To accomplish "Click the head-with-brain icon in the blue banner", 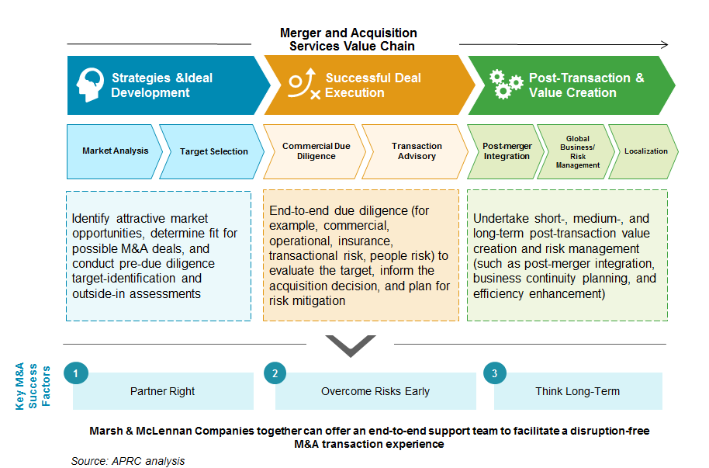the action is (91, 85).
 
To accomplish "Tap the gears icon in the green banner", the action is (506, 84).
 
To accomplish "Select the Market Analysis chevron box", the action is (114, 151).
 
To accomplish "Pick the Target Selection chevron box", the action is (212, 151).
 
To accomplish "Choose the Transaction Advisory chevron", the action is (415, 151).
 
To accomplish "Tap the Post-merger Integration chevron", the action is (506, 151).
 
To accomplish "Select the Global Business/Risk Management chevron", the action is (576, 151).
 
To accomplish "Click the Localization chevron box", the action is (643, 151).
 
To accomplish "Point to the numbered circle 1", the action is (76, 373).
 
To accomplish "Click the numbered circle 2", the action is (275, 373).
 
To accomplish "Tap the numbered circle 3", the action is (495, 373).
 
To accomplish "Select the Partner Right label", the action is (162, 391).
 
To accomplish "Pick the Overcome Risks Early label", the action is (375, 391).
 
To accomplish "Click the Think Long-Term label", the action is (577, 391).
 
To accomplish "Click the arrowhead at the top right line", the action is (665, 44).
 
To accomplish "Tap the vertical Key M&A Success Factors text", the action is (33, 386).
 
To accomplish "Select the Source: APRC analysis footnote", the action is (128, 461).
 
